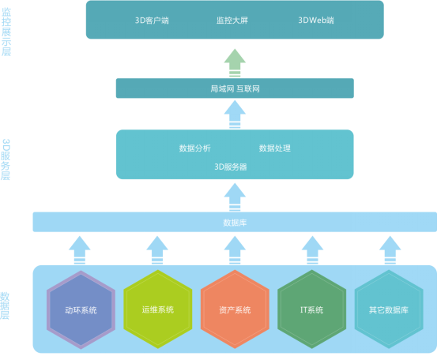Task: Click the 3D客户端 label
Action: point(152,21)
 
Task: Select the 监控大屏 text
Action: point(232,21)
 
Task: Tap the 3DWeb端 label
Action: point(316,21)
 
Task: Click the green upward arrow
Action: point(235,63)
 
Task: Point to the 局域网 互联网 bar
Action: point(235,88)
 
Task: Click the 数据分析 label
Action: point(195,148)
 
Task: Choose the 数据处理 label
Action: point(275,148)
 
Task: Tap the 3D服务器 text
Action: point(231,167)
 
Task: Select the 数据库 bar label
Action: point(235,223)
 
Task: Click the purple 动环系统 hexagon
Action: point(81,309)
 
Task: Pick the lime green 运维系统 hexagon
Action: point(158,309)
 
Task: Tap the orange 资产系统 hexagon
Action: point(235,309)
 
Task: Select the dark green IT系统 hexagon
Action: point(312,309)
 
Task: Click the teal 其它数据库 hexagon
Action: point(389,309)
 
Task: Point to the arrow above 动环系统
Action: point(80,250)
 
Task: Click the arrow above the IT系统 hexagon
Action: point(312,250)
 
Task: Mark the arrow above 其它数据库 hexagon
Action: point(390,250)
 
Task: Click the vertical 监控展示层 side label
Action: point(6,32)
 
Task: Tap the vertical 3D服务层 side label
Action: point(6,159)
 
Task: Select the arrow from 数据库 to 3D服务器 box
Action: point(235,197)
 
